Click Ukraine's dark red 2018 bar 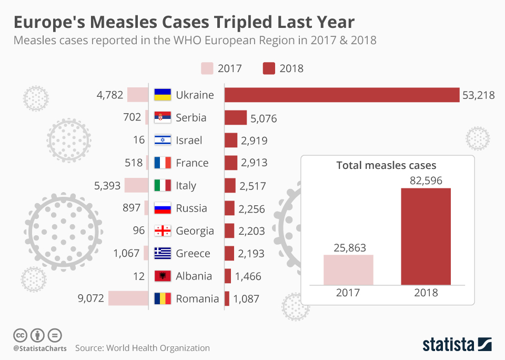coord(342,95)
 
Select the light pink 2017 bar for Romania coord(128,298)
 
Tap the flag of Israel coord(163,140)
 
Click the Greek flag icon coord(163,253)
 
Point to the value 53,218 coord(478,95)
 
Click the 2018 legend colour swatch coord(269,68)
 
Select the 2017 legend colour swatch coord(207,68)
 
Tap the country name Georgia coord(195,231)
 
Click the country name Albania coord(194,276)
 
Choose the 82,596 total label coord(426,181)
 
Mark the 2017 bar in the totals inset coord(348,269)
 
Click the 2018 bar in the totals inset coord(426,236)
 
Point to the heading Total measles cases coord(386,165)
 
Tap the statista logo coord(457,345)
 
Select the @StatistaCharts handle coord(40,348)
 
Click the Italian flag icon coord(163,185)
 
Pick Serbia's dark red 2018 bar coord(236,117)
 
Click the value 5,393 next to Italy coord(108,186)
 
